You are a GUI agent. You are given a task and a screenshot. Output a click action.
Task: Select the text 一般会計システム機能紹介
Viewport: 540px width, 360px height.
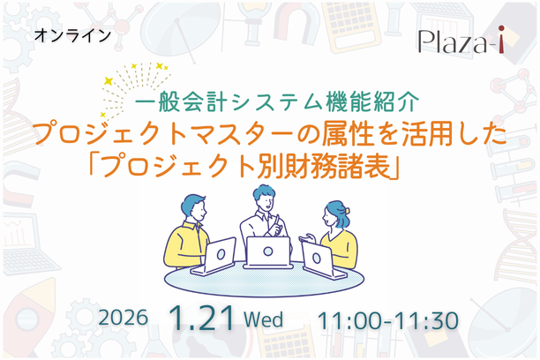tap(267, 101)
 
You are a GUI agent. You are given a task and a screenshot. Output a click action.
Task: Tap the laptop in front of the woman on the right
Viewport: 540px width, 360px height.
tap(315, 256)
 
